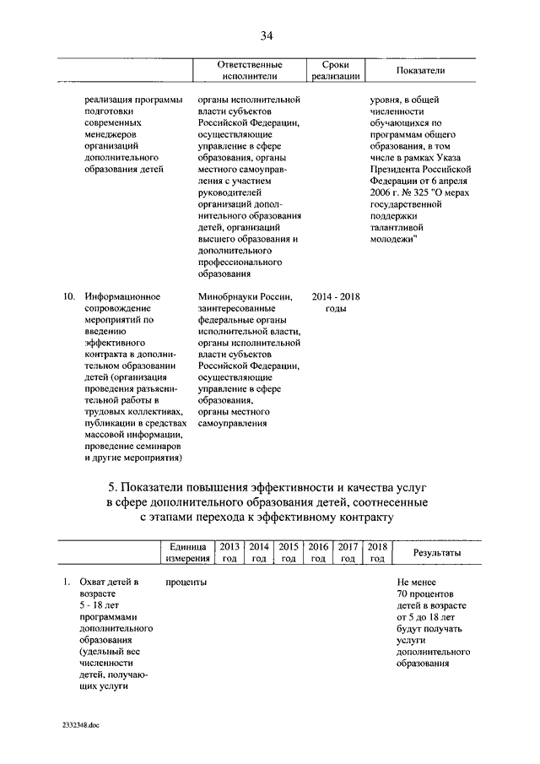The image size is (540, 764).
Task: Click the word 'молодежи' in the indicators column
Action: tap(392, 239)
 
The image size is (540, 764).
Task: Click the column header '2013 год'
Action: tap(229, 553)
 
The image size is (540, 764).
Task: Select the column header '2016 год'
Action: tap(318, 553)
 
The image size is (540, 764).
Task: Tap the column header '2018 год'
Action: tap(377, 553)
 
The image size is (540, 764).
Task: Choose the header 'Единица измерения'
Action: tap(186, 553)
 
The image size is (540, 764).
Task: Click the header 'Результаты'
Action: tap(436, 553)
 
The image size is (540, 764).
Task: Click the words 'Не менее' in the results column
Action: tap(416, 582)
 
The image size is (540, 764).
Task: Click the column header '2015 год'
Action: tap(289, 553)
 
